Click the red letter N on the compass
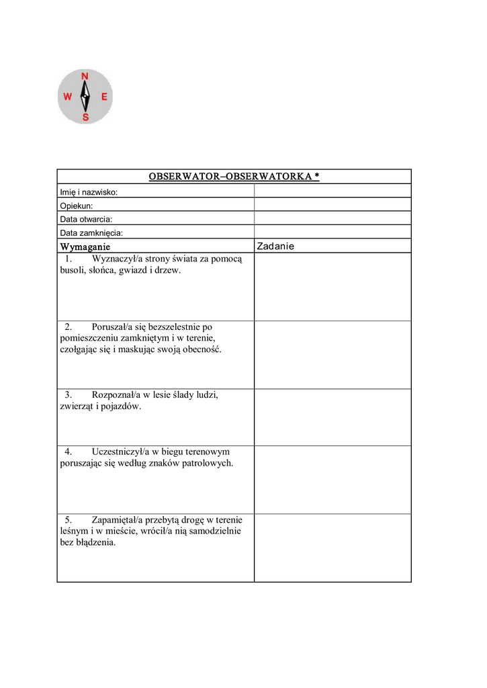pyautogui.click(x=85, y=77)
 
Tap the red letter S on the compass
pyautogui.click(x=85, y=118)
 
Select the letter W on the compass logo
pyautogui.click(x=68, y=97)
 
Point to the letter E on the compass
pyautogui.click(x=104, y=97)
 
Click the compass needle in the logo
pyautogui.click(x=85, y=97)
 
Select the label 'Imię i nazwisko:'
pyautogui.click(x=89, y=192)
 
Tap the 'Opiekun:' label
pyautogui.click(x=77, y=206)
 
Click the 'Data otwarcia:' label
pyautogui.click(x=86, y=219)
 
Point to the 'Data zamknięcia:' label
pyautogui.click(x=91, y=232)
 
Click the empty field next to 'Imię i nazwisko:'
pyautogui.click(x=332, y=191)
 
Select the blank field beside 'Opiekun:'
pyautogui.click(x=332, y=205)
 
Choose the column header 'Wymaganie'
pyautogui.click(x=85, y=247)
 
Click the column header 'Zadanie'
pyautogui.click(x=275, y=247)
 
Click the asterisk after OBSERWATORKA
pyautogui.click(x=316, y=176)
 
